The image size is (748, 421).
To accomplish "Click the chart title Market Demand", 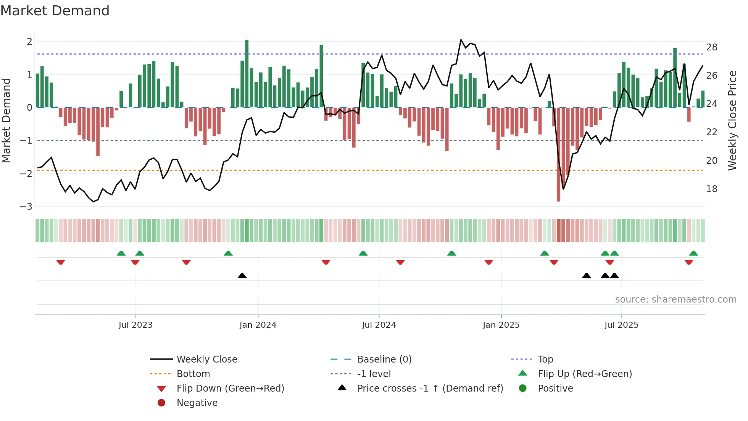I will tap(55, 11).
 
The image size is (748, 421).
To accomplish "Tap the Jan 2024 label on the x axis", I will tap(258, 325).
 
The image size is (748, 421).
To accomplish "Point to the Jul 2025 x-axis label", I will tap(621, 325).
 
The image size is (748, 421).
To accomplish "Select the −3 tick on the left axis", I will tap(26, 207).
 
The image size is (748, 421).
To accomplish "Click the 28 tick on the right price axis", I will tap(711, 47).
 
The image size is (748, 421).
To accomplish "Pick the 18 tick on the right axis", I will tap(711, 189).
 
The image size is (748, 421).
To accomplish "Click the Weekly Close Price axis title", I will tap(732, 120).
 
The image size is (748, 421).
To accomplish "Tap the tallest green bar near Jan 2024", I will tap(247, 73).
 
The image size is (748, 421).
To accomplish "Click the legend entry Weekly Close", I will tap(206, 359).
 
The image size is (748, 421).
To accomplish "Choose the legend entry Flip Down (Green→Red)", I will tap(230, 389).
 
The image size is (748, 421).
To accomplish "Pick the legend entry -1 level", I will tap(374, 374).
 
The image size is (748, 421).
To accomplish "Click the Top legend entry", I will tap(545, 359).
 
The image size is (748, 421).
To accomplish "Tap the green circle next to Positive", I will tap(523, 389).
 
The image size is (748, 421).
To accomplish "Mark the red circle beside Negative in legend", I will tap(161, 403).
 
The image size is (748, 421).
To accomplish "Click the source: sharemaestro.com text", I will tap(675, 300).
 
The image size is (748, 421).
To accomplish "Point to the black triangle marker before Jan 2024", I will tap(242, 275).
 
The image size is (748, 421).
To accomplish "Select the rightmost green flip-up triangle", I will tap(693, 253).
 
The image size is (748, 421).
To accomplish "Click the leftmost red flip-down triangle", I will tap(61, 262).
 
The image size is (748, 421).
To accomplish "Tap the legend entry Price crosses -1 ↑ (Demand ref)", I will tap(430, 389).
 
